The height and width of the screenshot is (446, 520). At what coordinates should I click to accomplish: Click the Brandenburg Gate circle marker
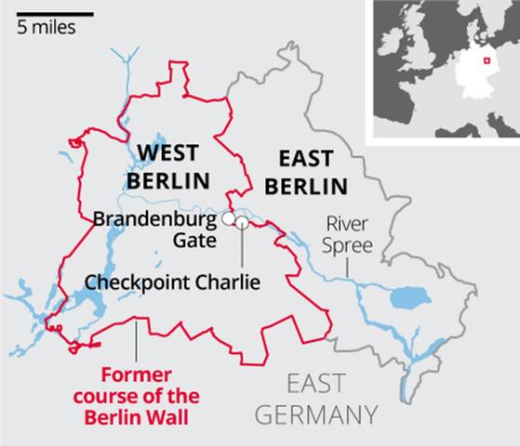coord(227,218)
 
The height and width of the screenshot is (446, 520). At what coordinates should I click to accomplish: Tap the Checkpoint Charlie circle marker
coord(242,222)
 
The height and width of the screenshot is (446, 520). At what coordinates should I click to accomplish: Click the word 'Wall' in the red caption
coord(172,416)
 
